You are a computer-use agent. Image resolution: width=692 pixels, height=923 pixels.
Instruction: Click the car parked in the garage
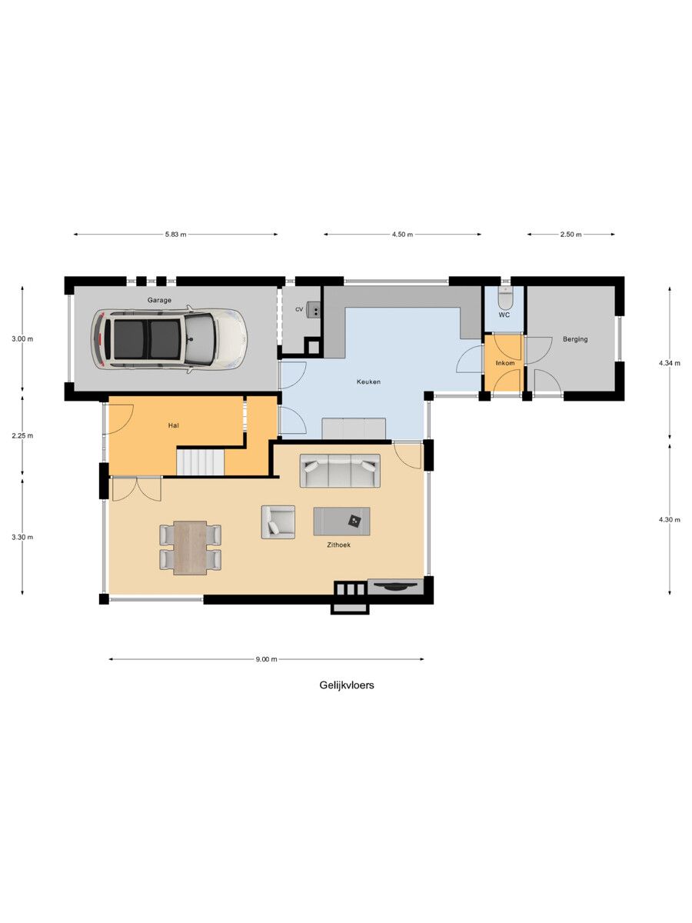(x=169, y=339)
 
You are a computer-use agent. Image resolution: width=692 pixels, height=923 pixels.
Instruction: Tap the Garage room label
(x=159, y=300)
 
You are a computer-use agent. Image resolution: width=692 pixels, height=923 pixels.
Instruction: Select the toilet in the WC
(x=504, y=298)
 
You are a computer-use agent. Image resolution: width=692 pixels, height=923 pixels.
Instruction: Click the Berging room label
(x=575, y=339)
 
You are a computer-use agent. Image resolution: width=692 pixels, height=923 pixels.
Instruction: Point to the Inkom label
(x=504, y=363)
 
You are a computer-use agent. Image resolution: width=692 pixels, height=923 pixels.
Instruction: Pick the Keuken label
(x=368, y=382)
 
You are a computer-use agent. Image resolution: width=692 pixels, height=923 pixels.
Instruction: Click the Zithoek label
(x=338, y=545)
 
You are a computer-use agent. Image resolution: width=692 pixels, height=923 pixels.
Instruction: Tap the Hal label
(x=174, y=425)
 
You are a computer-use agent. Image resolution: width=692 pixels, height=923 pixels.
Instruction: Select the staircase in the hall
(x=200, y=461)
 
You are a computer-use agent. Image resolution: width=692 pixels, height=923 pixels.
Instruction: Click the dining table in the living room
(x=191, y=548)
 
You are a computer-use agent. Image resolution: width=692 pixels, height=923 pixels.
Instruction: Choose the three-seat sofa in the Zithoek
(x=340, y=471)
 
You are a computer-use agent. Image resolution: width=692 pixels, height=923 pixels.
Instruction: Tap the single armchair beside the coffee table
(x=278, y=521)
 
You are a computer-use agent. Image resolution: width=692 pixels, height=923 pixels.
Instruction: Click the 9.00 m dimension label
(x=266, y=659)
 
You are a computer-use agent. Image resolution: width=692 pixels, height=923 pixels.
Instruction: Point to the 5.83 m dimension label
(x=175, y=235)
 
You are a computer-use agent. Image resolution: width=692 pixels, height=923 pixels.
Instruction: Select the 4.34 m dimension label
(x=669, y=364)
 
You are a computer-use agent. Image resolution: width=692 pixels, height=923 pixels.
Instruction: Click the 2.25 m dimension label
(x=22, y=435)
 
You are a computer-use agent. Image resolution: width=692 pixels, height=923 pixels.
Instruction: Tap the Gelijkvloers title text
(x=347, y=685)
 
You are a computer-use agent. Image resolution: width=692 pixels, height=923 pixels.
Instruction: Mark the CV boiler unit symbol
(x=313, y=309)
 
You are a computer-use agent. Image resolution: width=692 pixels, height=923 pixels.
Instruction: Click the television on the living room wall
(x=395, y=587)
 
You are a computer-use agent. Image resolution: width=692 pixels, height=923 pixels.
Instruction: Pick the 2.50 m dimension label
(x=571, y=235)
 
